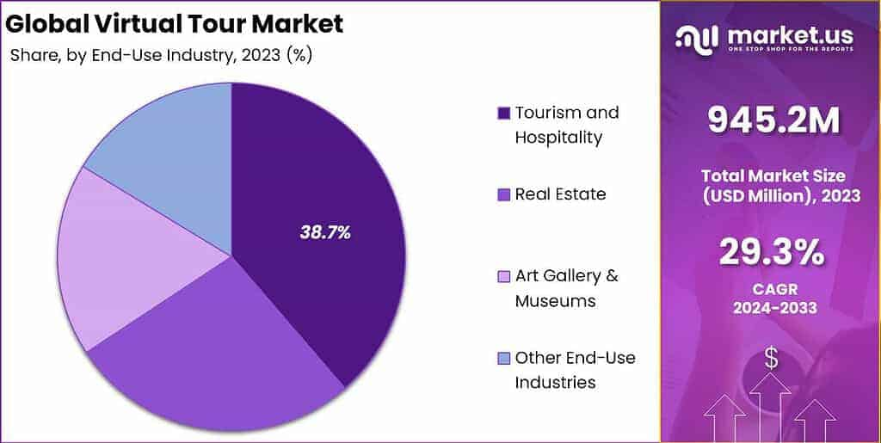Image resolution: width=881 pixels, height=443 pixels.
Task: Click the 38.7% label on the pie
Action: coord(324,231)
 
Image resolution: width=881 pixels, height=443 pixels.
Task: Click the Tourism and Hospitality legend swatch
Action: coord(503,113)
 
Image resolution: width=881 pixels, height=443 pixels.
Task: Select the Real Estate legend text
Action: coord(560,194)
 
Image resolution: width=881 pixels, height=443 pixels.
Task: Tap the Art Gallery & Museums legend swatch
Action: coord(503,276)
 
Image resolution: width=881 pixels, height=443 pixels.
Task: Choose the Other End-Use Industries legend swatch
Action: coord(503,358)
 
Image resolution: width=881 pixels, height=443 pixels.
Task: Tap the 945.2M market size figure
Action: coord(772,121)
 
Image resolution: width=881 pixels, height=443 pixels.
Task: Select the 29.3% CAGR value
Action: coord(772,254)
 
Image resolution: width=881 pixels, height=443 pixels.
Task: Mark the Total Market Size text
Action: coord(772,175)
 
